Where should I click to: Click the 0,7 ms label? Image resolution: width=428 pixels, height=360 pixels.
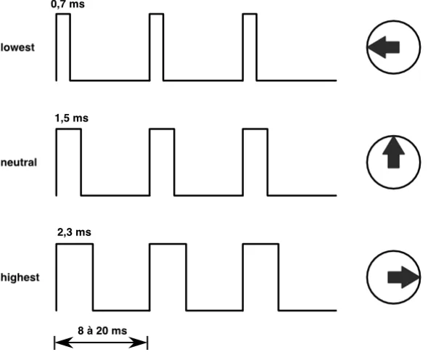pyautogui.click(x=67, y=4)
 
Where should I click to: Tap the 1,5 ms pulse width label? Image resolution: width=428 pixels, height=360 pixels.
pyautogui.click(x=72, y=118)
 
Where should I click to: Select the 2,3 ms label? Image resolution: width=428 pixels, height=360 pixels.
pyautogui.click(x=74, y=232)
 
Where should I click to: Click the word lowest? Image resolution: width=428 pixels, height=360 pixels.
pyautogui.click(x=17, y=47)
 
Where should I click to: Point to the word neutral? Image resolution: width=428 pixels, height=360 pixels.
pyautogui.click(x=19, y=163)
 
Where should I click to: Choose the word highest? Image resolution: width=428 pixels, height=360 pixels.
pyautogui.click(x=20, y=277)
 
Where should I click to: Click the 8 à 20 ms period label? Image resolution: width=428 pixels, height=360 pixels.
pyautogui.click(x=102, y=330)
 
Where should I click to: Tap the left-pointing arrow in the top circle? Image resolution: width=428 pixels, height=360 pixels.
pyautogui.click(x=384, y=47)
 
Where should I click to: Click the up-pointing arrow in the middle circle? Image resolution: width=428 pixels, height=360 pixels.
pyautogui.click(x=393, y=152)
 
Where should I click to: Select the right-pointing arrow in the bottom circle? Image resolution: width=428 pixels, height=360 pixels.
pyautogui.click(x=403, y=277)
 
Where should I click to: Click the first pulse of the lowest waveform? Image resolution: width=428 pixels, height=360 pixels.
pyautogui.click(x=63, y=14)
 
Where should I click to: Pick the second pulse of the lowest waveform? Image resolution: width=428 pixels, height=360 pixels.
pyautogui.click(x=157, y=14)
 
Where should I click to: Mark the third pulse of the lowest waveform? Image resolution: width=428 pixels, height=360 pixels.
pyautogui.click(x=250, y=14)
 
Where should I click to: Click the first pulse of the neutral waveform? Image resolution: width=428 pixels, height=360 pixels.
pyautogui.click(x=68, y=129)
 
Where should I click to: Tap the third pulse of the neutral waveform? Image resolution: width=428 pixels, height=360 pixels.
pyautogui.click(x=255, y=129)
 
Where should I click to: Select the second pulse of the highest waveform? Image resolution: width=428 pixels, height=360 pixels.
pyautogui.click(x=168, y=244)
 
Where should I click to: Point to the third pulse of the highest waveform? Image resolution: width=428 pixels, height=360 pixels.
pyautogui.click(x=260, y=244)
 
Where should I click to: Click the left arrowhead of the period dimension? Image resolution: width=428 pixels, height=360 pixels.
pyautogui.click(x=64, y=343)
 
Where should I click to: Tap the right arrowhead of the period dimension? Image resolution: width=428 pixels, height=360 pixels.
pyautogui.click(x=138, y=343)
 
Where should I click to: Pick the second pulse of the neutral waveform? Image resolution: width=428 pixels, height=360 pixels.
pyautogui.click(x=162, y=129)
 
